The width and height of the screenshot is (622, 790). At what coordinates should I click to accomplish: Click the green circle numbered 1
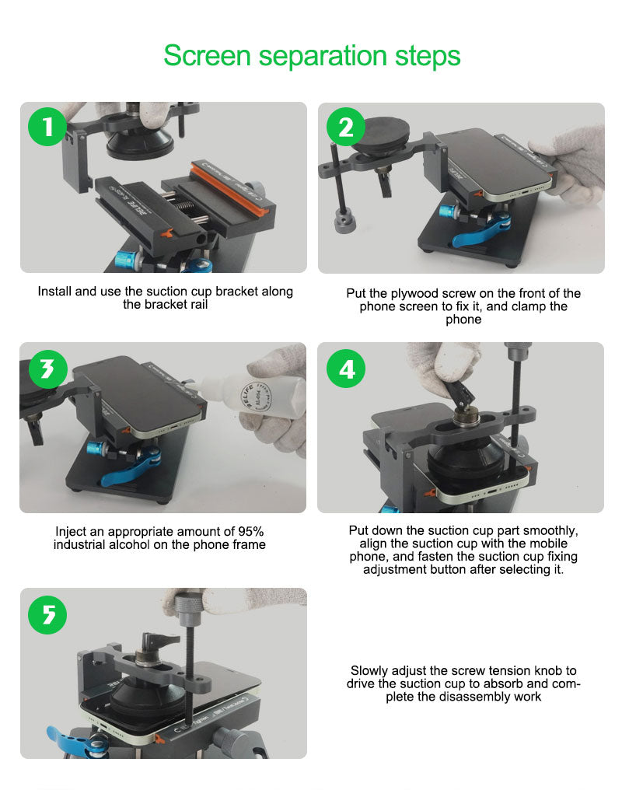pos(47,127)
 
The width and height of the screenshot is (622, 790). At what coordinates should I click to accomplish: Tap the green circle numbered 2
pos(345,127)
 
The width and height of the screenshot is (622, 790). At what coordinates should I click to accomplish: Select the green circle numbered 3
pos(48,369)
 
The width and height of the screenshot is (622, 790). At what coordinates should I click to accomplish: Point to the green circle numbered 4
pos(345,369)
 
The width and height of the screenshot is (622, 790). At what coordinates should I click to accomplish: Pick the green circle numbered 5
pos(48,615)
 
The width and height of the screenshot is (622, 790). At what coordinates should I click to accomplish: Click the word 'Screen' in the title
pos(207,55)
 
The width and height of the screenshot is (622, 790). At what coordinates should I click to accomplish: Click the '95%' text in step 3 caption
pos(251,532)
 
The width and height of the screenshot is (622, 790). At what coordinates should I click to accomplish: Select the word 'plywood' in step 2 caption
pos(414,294)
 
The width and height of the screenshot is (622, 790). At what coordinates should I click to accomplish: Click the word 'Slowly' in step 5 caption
pos(369,671)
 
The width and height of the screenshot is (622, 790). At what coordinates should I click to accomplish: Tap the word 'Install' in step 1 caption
pos(54,292)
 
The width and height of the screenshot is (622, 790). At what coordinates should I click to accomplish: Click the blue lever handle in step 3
pos(130,469)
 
